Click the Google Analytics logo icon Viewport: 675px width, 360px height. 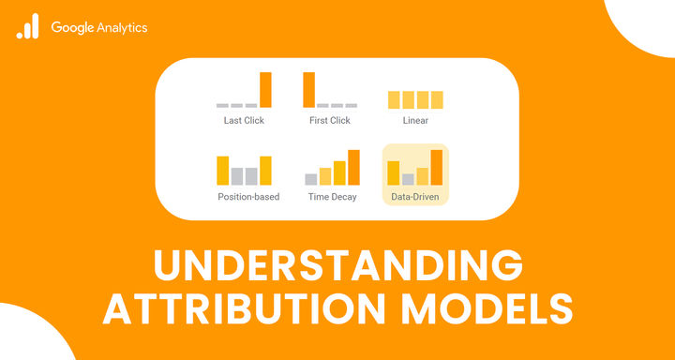(x=27, y=27)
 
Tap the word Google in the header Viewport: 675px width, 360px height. (x=72, y=28)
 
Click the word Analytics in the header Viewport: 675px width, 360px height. (x=122, y=27)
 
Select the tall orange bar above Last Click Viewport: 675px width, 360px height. (x=265, y=90)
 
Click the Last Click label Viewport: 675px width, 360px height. (x=244, y=121)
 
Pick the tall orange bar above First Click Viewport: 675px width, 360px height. (x=308, y=90)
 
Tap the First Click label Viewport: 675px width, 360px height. (x=330, y=121)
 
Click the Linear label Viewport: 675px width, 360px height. (x=415, y=121)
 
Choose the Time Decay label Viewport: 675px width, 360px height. (x=332, y=198)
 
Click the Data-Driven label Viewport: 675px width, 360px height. (x=415, y=198)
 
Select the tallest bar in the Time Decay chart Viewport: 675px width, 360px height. (x=353, y=167)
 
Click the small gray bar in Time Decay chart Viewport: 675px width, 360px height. (x=311, y=179)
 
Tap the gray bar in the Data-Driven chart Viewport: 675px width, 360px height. (x=408, y=178)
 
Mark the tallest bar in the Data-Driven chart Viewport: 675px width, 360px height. (x=436, y=167)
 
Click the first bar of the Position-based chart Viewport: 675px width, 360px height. (x=223, y=171)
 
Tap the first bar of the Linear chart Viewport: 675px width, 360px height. (x=394, y=99)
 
